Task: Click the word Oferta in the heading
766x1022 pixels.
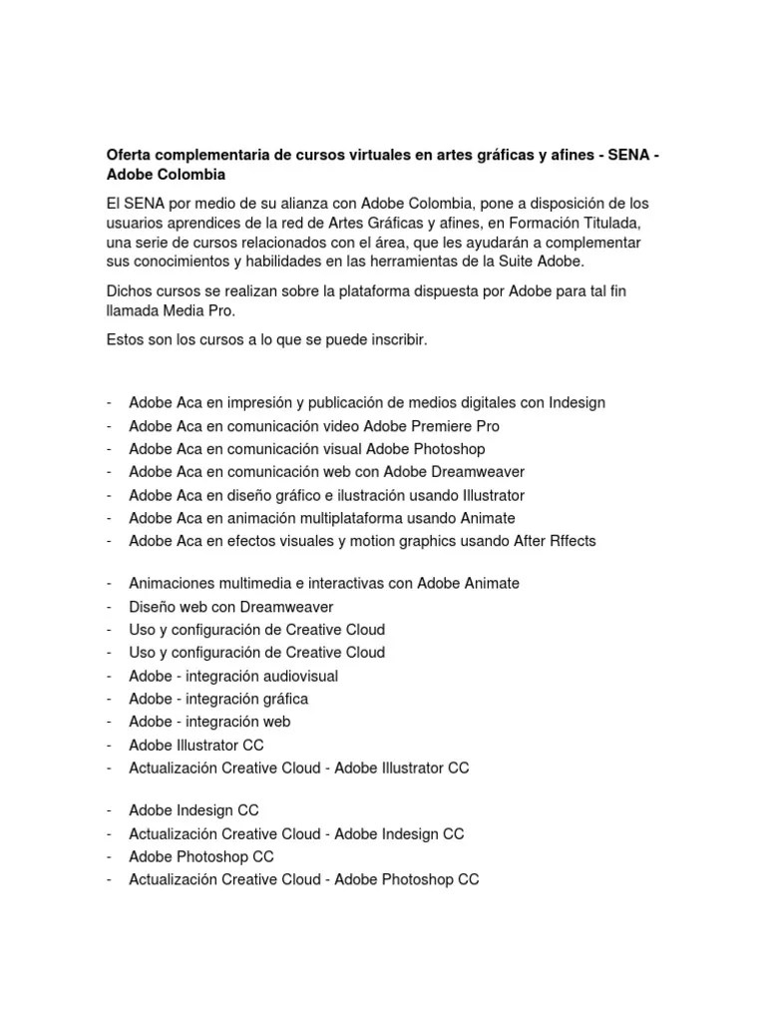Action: [x=129, y=156]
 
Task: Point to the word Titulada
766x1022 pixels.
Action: [x=604, y=223]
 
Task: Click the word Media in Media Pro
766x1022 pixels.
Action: [x=181, y=310]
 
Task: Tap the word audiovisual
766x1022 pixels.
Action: [x=291, y=676]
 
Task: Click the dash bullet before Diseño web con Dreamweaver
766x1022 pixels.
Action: [x=108, y=607]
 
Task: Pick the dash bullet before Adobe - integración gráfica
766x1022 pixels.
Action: [x=108, y=699]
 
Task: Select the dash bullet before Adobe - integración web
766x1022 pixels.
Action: [x=108, y=722]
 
